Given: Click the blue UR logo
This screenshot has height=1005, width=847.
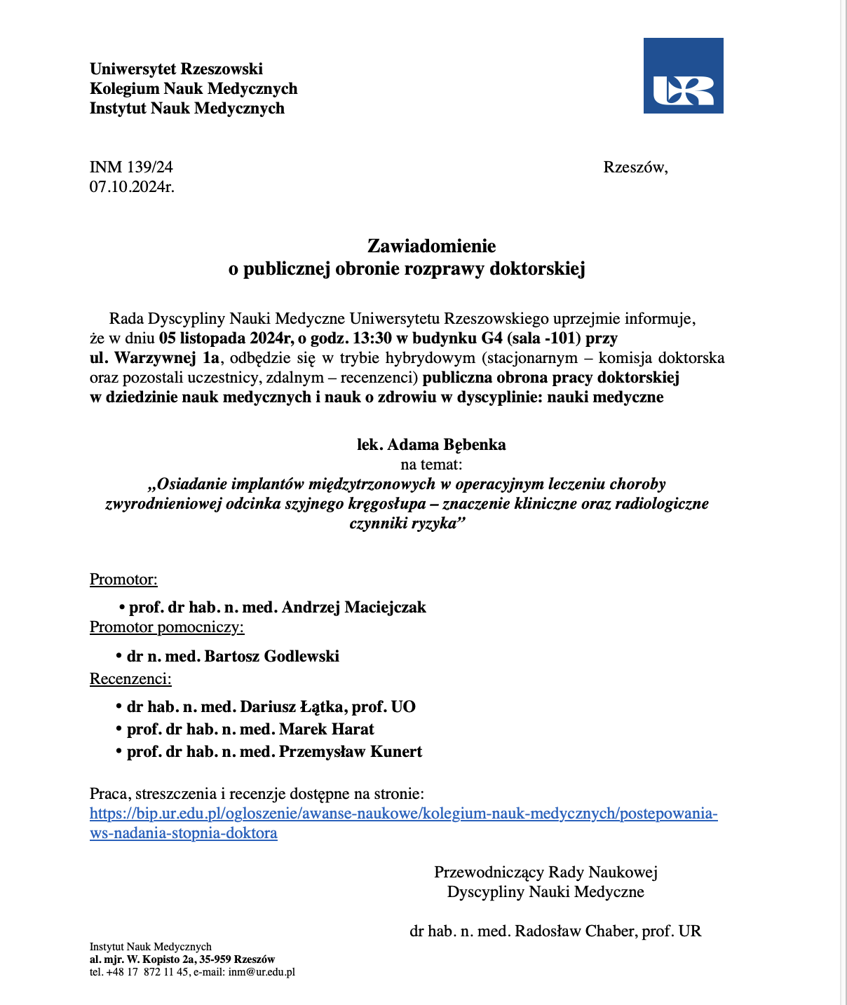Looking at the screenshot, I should point(683,76).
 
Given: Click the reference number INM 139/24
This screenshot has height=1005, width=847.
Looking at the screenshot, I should point(131,167).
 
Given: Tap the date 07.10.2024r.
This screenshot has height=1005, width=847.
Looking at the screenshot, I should point(132,186).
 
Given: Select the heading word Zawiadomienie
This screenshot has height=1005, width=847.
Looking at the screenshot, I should point(431,246).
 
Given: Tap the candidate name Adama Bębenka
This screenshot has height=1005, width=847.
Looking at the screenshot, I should point(447,444).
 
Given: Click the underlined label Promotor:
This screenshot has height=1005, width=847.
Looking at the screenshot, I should point(123,580).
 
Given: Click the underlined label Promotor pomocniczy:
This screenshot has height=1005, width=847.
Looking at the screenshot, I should point(167,627).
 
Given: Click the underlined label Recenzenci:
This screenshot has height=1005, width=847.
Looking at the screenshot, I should point(130,678).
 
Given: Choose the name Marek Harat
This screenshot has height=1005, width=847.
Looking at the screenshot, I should point(327,729).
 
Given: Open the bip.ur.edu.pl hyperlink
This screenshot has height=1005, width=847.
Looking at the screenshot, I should point(403,814).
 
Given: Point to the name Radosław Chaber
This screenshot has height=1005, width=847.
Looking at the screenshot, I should point(574,931).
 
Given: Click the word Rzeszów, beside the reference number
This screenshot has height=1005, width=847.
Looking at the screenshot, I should point(635,167).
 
